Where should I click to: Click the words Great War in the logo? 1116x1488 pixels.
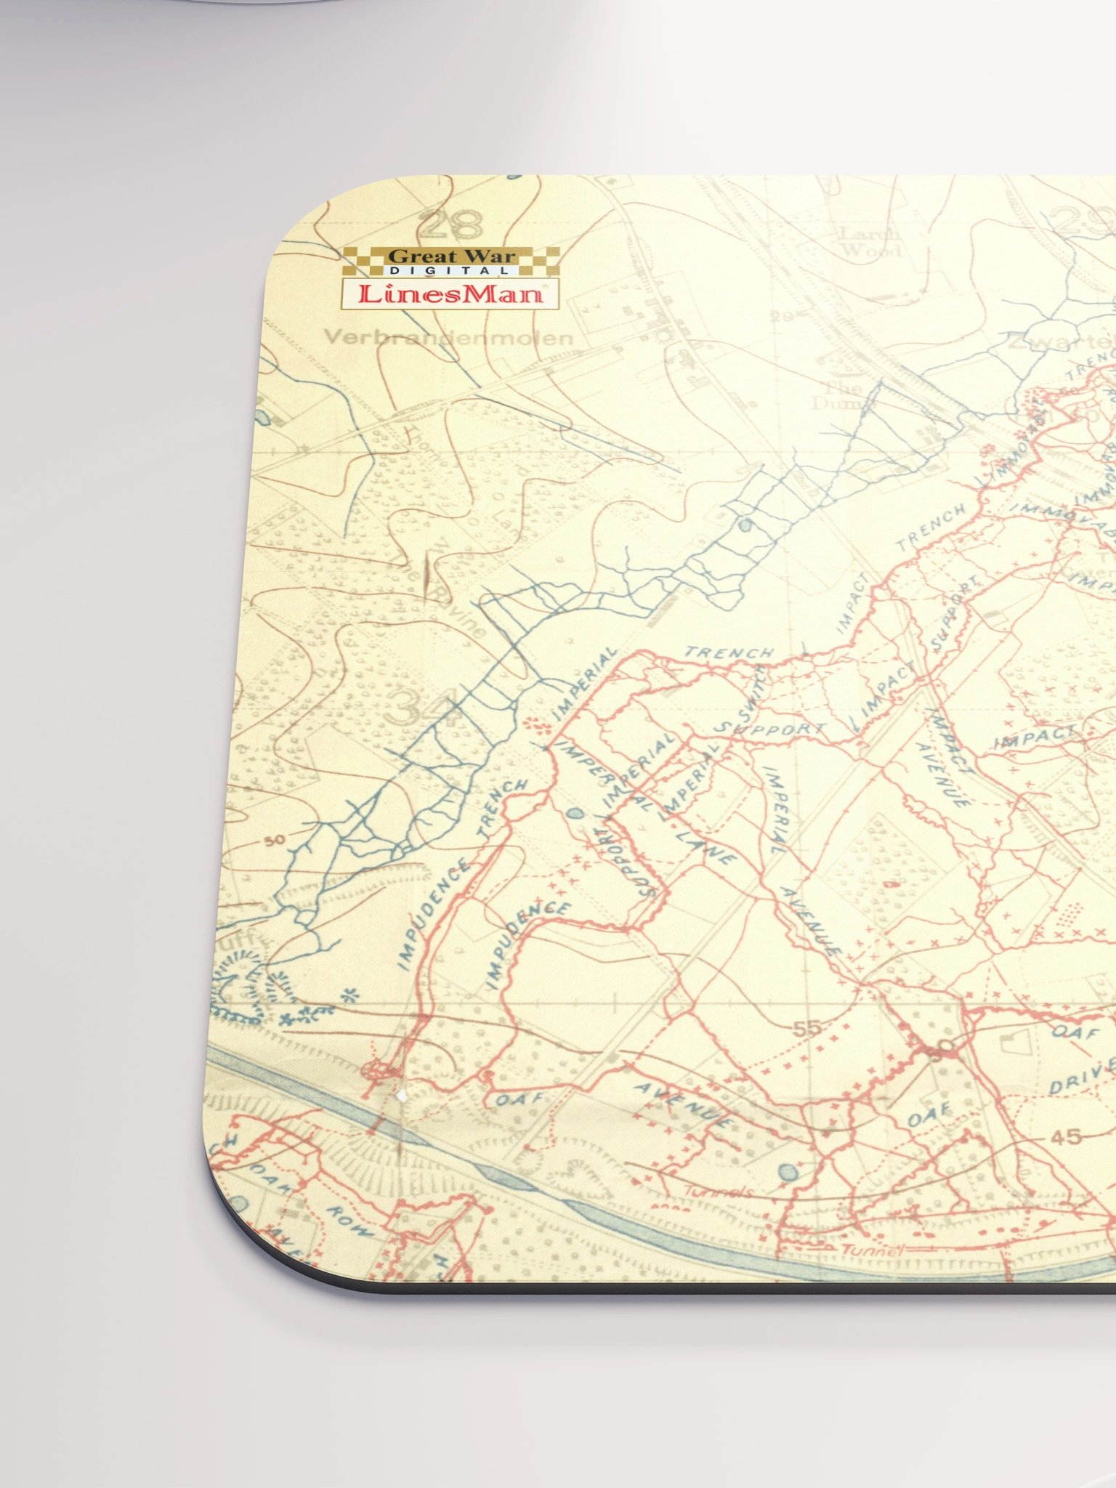point(451,256)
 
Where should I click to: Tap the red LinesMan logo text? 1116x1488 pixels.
point(450,294)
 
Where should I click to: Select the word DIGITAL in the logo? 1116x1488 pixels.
point(450,271)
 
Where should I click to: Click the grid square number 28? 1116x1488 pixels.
point(450,224)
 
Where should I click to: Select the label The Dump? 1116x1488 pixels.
point(844,395)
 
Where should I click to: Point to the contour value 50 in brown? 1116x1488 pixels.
point(275,841)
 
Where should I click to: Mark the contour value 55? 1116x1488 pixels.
point(806,1028)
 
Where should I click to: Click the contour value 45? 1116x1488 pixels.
point(1066,1136)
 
